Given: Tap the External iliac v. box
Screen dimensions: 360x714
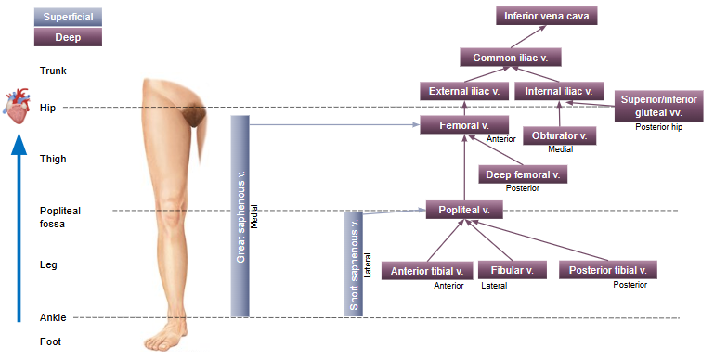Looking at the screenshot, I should click(463, 91).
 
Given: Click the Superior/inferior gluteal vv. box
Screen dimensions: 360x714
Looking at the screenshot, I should click(659, 105).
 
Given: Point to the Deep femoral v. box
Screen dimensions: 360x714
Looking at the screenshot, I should click(523, 174).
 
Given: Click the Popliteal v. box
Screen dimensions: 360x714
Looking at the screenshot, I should click(463, 210).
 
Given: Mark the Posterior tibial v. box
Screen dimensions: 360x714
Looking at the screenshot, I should click(608, 270).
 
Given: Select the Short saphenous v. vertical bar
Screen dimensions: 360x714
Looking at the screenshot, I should click(353, 264).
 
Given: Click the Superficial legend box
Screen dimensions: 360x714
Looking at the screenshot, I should click(68, 17).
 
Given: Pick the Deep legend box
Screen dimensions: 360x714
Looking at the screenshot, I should click(68, 38).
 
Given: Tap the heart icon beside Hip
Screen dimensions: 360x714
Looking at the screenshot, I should click(19, 107).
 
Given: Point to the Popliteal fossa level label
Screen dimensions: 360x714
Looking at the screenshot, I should click(58, 217).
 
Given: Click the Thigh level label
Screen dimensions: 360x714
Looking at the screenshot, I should click(53, 159).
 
